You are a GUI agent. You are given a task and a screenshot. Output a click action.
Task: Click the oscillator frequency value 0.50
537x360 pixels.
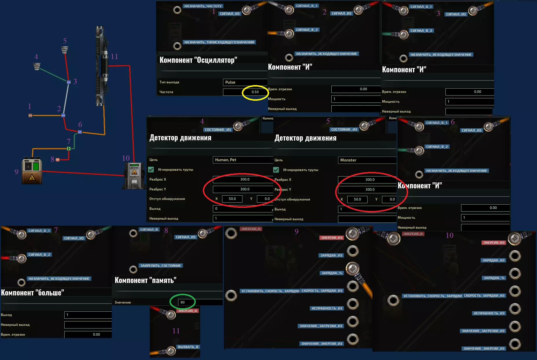255,92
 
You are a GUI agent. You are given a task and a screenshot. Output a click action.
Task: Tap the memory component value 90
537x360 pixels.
182,302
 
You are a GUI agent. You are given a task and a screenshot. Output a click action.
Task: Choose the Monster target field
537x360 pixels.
367,160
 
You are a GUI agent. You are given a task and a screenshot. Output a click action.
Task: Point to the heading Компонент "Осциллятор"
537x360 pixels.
198,60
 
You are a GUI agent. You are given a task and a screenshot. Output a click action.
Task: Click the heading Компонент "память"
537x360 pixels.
145,280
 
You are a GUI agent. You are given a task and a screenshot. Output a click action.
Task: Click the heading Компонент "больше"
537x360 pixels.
32,293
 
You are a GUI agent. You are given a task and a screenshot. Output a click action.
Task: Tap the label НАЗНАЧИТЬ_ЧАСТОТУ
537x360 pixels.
203,6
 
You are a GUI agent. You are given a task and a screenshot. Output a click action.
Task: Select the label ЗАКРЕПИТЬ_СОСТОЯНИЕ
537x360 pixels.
160,266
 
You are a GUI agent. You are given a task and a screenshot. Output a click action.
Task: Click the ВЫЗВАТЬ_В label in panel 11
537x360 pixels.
188,347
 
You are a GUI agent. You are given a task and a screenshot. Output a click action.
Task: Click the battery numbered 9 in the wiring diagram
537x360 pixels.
32,171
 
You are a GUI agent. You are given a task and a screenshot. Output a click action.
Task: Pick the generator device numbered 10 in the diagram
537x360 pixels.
134,176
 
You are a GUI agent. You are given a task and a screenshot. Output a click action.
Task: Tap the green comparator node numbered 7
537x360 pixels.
69,148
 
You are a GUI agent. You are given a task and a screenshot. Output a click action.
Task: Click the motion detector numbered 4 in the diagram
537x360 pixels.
37,67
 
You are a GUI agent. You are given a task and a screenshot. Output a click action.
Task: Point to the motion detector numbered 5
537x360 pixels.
65,50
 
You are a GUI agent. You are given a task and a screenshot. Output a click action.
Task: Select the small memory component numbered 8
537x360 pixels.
58,159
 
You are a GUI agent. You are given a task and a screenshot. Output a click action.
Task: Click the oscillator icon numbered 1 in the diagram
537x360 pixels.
30,115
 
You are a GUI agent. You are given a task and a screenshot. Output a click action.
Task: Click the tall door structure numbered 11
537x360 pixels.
101,66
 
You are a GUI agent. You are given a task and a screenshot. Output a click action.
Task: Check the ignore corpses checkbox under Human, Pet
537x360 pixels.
151,170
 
